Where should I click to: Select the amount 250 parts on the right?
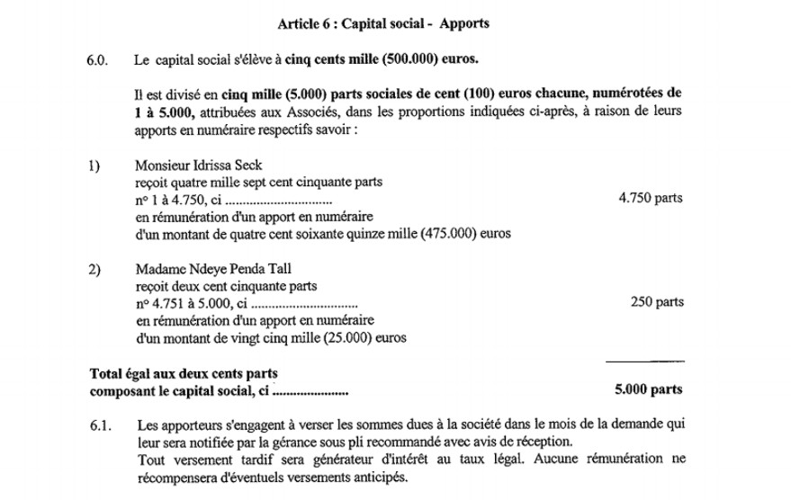(657, 302)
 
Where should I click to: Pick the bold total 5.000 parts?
(648, 390)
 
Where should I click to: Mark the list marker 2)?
(94, 269)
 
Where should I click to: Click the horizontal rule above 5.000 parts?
(645, 361)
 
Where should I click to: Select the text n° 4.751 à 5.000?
(186, 303)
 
